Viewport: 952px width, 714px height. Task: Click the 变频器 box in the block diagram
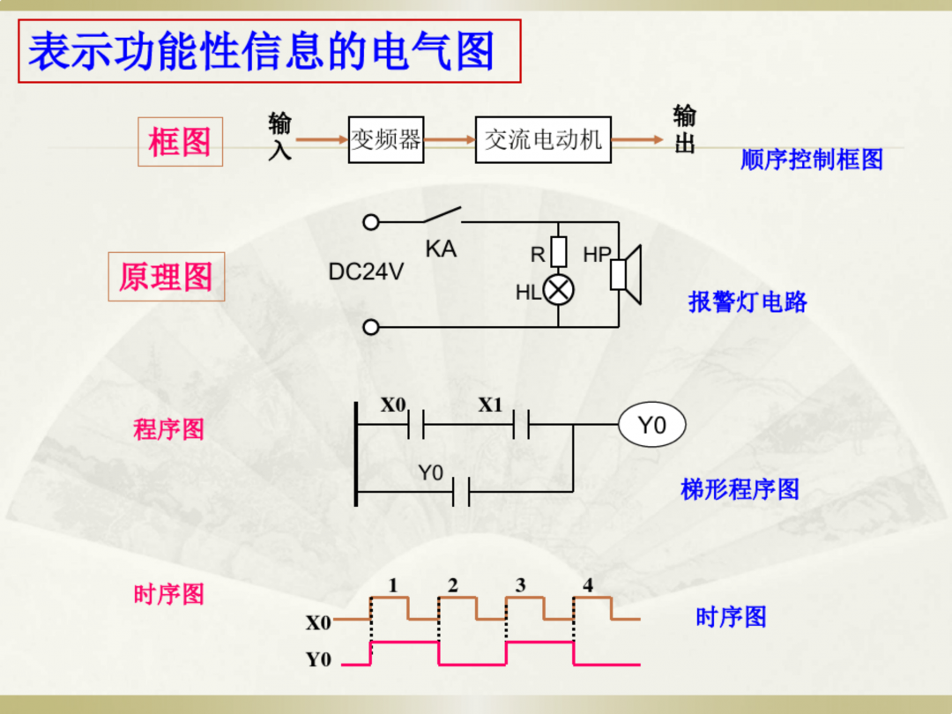[386, 139]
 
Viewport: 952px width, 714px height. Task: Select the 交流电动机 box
[542, 139]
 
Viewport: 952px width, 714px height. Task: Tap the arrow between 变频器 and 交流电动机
[449, 139]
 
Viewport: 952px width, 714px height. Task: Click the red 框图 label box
[180, 142]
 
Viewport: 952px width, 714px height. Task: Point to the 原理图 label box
[167, 277]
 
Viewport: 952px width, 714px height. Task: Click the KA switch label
[441, 249]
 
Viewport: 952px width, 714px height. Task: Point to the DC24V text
[366, 272]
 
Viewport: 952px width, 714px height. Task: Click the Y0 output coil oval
[651, 426]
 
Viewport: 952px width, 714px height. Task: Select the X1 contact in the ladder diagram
[520, 426]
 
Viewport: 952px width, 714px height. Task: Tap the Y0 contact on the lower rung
[460, 491]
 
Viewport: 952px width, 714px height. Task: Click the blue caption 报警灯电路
[747, 302]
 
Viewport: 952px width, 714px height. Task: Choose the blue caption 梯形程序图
[740, 489]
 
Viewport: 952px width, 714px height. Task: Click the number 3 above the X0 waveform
[520, 585]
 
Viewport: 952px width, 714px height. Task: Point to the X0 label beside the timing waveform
[318, 623]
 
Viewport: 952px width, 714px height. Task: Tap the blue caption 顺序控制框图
[811, 160]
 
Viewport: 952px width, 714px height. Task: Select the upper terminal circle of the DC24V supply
[371, 222]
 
